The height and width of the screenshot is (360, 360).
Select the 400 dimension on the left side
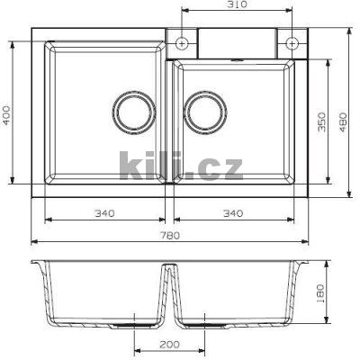point(6,115)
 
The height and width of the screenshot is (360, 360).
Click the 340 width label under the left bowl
point(105,213)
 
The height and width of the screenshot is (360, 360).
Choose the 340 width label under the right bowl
point(232,213)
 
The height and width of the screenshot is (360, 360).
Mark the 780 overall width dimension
point(170,235)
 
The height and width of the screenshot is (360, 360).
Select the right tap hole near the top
point(292,42)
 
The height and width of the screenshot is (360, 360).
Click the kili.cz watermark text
point(180,166)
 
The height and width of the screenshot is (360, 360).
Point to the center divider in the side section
point(169,292)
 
